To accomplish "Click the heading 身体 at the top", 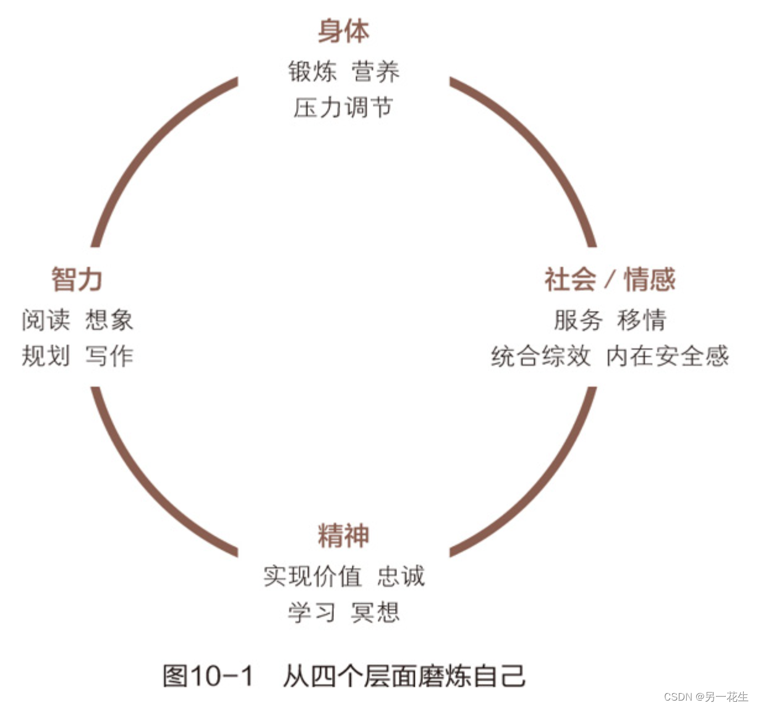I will pyautogui.click(x=344, y=32).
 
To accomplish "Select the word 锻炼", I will pyautogui.click(x=312, y=72).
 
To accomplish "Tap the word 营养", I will pyautogui.click(x=376, y=72).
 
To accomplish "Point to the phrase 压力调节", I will pyautogui.click(x=344, y=107).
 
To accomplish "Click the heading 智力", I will pyautogui.click(x=77, y=279).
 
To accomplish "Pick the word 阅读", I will pyautogui.click(x=46, y=320).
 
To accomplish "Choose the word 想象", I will pyautogui.click(x=109, y=320).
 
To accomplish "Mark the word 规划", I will pyautogui.click(x=46, y=356).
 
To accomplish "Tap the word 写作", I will pyautogui.click(x=109, y=356).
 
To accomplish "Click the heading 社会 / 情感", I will pyautogui.click(x=610, y=279).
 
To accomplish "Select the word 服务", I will pyautogui.click(x=577, y=320).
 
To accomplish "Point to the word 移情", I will pyautogui.click(x=642, y=320).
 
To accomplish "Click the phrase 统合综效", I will pyautogui.click(x=541, y=356).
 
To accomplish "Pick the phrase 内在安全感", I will pyautogui.click(x=668, y=356).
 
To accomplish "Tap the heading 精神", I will pyautogui.click(x=344, y=536).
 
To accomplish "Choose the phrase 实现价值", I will pyautogui.click(x=312, y=576).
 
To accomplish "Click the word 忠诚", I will pyautogui.click(x=401, y=576).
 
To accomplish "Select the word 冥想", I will pyautogui.click(x=375, y=612).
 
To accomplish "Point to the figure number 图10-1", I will pyautogui.click(x=208, y=676).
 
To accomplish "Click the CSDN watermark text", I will pyautogui.click(x=705, y=697).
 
